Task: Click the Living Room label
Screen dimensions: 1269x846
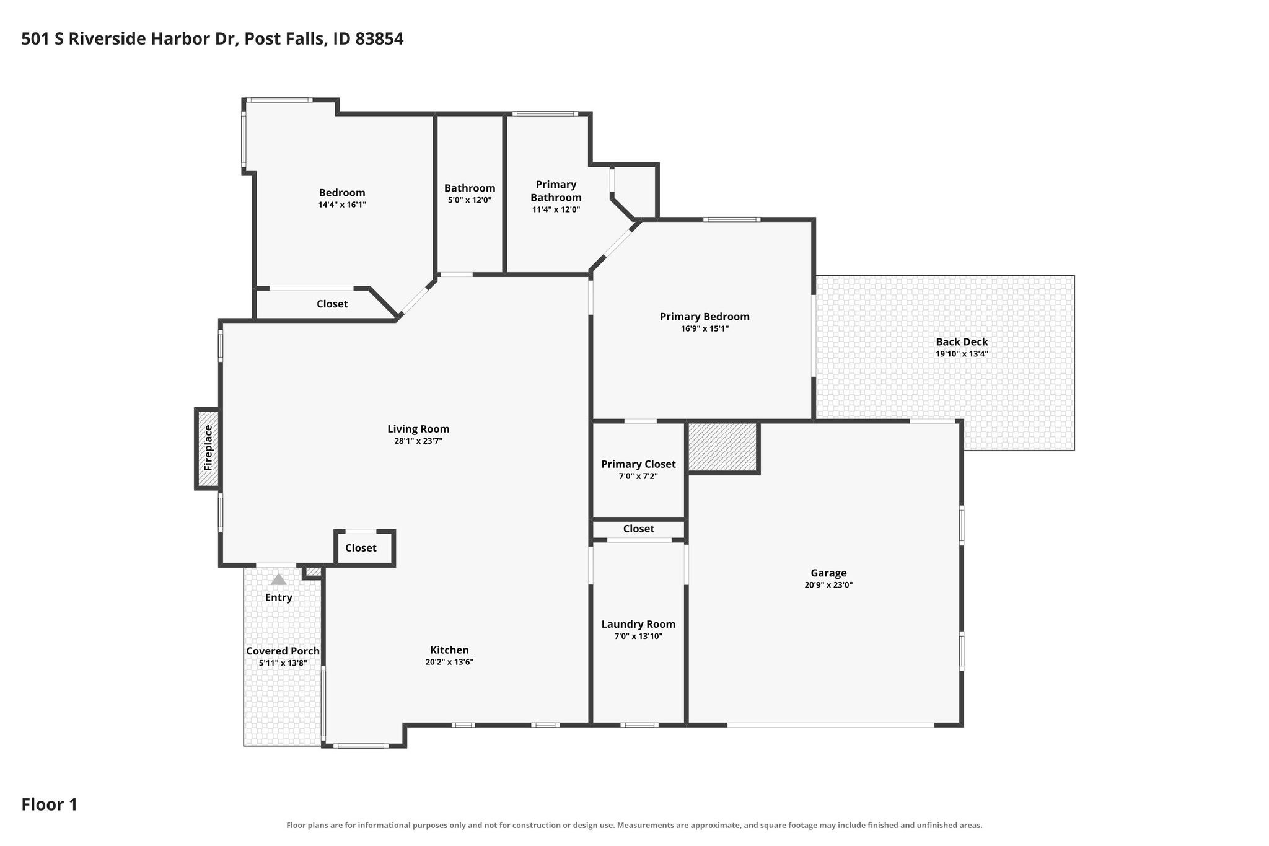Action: point(418,429)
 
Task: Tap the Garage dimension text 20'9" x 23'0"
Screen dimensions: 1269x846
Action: point(828,584)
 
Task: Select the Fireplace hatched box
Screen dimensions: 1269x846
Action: point(208,448)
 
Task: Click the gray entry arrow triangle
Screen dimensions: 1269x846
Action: point(279,579)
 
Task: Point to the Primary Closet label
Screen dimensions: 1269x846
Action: point(638,464)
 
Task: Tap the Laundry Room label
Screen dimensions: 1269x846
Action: point(638,624)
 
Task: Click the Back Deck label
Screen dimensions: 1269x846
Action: point(962,341)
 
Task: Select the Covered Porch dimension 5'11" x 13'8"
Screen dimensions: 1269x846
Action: point(283,663)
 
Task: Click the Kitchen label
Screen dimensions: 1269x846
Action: point(449,650)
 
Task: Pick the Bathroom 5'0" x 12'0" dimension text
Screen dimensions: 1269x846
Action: point(470,200)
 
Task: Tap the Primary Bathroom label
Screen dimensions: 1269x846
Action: point(556,191)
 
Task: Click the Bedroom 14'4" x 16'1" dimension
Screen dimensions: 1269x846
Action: point(342,205)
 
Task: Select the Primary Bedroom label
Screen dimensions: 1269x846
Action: point(705,317)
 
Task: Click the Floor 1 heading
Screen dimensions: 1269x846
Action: point(50,805)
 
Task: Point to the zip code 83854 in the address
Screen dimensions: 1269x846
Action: point(380,39)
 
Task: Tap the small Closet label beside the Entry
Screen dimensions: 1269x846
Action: point(361,548)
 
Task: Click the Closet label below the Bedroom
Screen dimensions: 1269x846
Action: point(332,304)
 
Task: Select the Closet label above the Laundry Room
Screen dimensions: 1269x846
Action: point(638,529)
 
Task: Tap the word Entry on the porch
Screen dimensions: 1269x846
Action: point(279,597)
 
